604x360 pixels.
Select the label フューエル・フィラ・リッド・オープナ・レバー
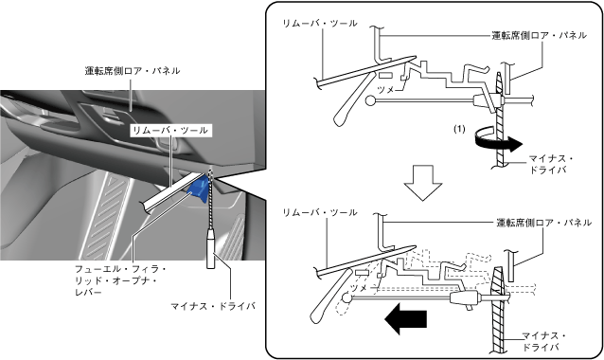point(120,279)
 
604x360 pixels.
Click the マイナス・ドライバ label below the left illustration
point(213,306)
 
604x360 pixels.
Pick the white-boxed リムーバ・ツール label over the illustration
point(169,131)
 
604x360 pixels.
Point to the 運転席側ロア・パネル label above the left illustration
point(133,71)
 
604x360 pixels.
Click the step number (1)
point(459,129)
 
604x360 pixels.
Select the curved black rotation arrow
point(497,143)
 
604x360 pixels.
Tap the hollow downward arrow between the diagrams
point(423,183)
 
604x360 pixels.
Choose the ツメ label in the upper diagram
point(385,90)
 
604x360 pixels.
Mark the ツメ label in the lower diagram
point(358,288)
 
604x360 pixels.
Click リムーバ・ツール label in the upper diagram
point(320,23)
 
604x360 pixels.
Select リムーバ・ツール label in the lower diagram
point(320,212)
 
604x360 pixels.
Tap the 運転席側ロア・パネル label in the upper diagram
point(540,35)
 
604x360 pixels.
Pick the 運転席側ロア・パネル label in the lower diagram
point(543,223)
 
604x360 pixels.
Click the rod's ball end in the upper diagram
point(370,100)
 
